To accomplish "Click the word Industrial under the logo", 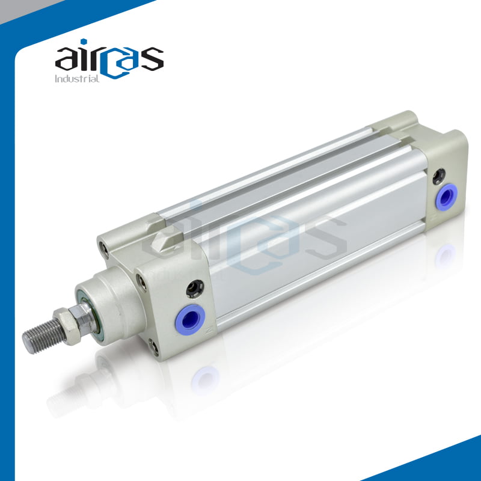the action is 77,79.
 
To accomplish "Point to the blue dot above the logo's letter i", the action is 84,41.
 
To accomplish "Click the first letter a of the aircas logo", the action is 67,59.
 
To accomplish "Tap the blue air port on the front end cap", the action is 190,318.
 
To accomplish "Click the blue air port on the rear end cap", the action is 447,195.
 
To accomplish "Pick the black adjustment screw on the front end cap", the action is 195,289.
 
